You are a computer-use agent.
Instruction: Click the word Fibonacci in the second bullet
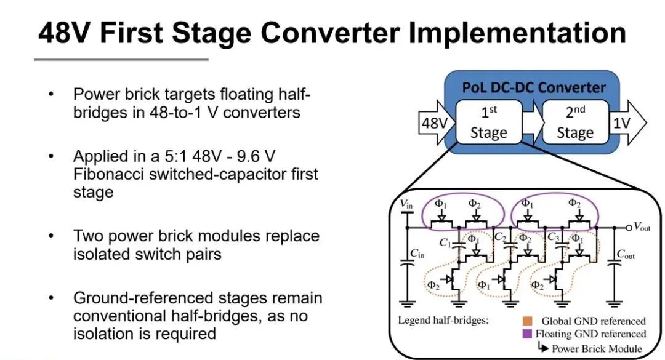click(108, 174)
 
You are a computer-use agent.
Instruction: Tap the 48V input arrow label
click(435, 123)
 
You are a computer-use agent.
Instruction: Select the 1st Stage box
click(488, 122)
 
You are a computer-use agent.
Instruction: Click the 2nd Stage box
click(575, 122)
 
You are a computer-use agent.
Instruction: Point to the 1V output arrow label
click(621, 123)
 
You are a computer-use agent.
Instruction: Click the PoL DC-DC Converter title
click(533, 87)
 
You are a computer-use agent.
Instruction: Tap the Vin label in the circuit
click(406, 204)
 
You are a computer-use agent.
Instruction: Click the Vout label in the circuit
click(642, 227)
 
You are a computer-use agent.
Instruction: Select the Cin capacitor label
click(417, 254)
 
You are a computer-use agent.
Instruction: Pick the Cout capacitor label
click(626, 254)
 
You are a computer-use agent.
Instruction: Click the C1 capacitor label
click(445, 242)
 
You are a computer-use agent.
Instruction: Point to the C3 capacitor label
click(553, 236)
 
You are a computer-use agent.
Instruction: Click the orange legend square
click(527, 321)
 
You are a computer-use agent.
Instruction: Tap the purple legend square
click(527, 334)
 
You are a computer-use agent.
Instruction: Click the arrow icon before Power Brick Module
click(543, 347)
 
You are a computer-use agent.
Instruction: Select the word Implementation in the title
click(517, 33)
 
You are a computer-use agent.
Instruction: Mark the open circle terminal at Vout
click(629, 228)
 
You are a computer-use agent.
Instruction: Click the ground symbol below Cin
click(407, 303)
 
